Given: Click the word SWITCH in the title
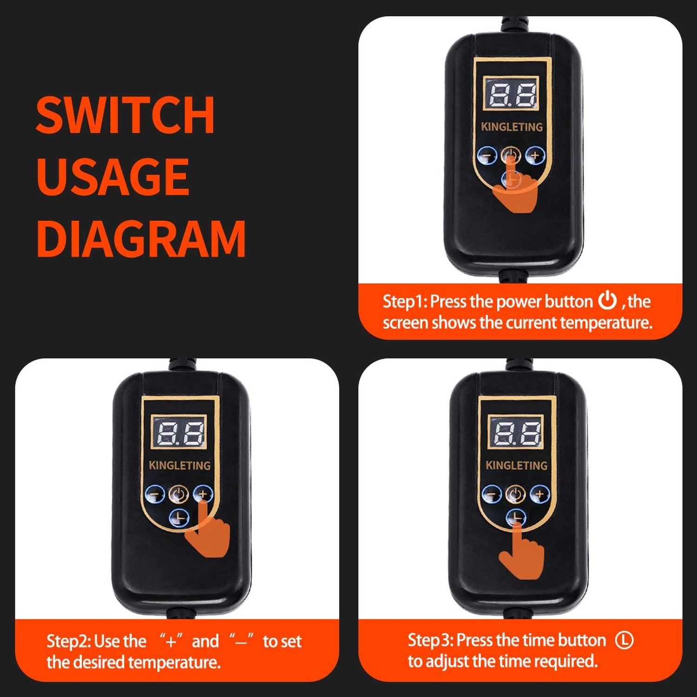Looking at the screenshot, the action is coord(125,115).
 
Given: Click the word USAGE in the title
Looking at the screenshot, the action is coord(113,177).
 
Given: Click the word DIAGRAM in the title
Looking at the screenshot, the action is coord(141,238).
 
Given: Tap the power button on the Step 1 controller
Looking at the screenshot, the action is coord(511,155).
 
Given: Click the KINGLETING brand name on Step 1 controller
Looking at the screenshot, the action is coord(512,127).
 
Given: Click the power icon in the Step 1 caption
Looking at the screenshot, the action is coord(607,301).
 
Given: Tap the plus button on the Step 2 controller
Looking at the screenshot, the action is coord(203,494).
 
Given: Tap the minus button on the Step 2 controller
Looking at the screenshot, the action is coord(155,495).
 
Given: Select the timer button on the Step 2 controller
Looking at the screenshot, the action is coord(179,518).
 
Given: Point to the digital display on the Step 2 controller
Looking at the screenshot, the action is coord(179,432).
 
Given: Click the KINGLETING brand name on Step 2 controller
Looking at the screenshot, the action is coord(179,465).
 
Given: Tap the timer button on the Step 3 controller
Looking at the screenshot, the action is coord(516,518).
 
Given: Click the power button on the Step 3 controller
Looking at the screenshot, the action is coord(515,494).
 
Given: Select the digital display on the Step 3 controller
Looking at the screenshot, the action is coord(516,432).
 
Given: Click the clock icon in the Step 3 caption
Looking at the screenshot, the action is coord(625,640).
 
